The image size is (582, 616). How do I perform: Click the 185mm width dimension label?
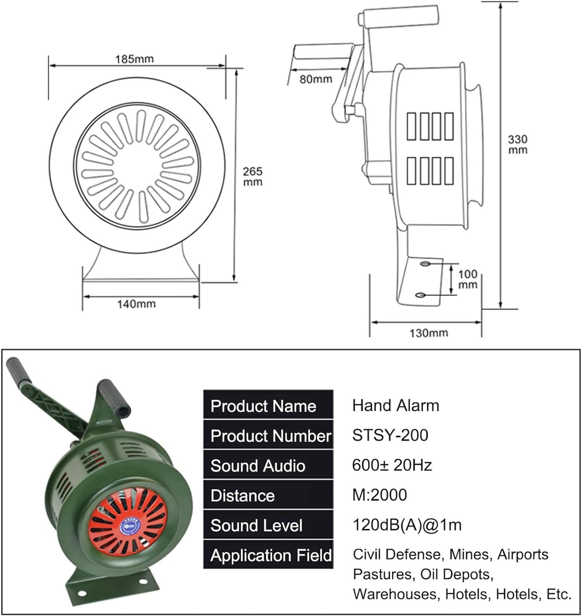click(134, 59)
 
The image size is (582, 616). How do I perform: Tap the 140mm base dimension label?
click(136, 304)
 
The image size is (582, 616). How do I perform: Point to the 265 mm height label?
click(252, 176)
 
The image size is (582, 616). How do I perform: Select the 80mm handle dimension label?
click(316, 79)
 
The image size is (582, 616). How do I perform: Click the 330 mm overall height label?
click(517, 144)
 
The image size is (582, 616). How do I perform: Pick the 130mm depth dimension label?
click(429, 333)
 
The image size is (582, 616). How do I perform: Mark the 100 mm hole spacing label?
click(468, 279)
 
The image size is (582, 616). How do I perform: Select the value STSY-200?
click(390, 435)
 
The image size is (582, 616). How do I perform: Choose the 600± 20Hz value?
click(392, 465)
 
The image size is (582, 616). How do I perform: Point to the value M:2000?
click(380, 495)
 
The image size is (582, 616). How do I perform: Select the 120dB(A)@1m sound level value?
click(407, 525)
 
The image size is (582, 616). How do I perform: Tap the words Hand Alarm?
click(396, 405)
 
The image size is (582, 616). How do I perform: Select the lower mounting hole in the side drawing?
click(420, 295)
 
